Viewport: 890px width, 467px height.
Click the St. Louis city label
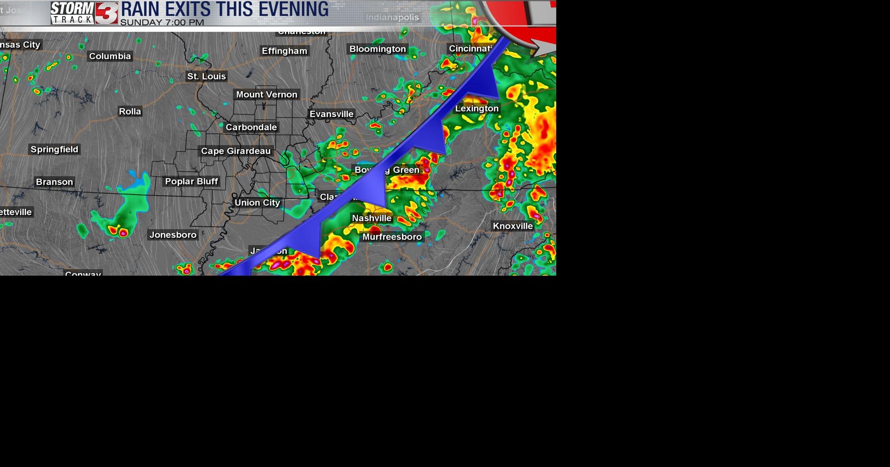pos(206,76)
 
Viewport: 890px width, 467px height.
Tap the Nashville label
pos(372,218)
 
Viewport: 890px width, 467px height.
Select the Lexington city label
pos(477,108)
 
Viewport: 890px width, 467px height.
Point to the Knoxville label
pos(513,226)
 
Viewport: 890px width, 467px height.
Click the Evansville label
pos(331,114)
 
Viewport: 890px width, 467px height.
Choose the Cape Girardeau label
pos(235,151)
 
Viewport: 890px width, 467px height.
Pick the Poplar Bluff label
pos(191,182)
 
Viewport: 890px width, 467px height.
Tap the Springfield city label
pos(54,149)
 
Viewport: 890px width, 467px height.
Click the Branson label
pos(54,182)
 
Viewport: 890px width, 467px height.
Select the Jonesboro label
pos(173,235)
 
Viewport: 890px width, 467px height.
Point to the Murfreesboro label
pos(392,237)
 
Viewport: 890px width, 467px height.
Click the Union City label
pos(257,202)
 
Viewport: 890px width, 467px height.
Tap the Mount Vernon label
pos(267,95)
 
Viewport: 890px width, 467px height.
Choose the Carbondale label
pos(251,127)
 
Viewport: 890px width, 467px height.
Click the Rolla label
pos(130,112)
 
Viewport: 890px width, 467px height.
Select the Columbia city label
pos(110,56)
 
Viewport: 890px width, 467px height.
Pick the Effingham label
pos(285,51)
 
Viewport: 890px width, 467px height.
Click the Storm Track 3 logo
pos(84,13)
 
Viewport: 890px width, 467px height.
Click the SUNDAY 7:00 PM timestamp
pos(162,22)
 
